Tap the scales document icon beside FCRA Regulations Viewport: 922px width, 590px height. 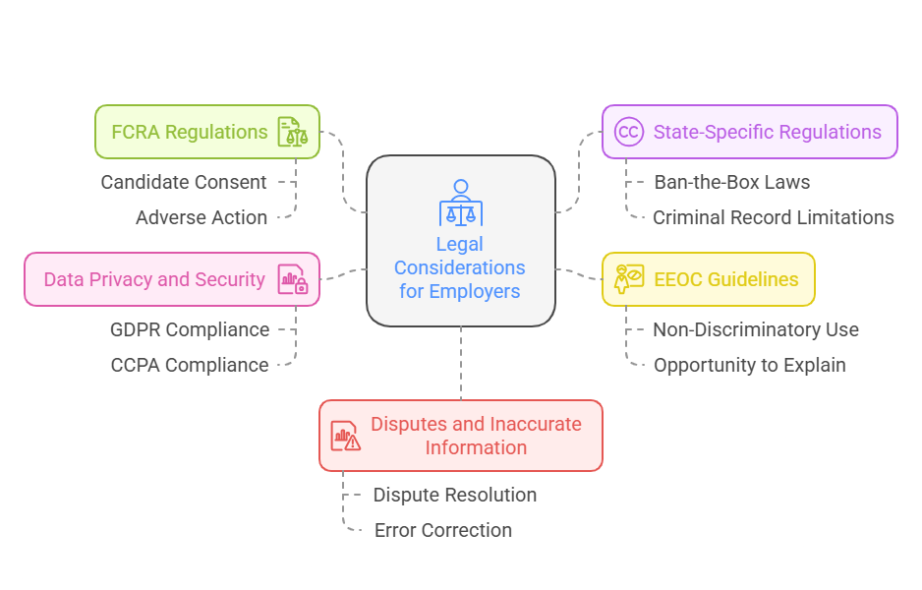tap(292, 132)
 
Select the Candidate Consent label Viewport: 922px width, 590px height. tap(183, 182)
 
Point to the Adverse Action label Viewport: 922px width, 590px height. tap(201, 217)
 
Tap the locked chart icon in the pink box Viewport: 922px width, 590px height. tap(292, 279)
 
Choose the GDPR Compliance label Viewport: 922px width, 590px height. tap(189, 329)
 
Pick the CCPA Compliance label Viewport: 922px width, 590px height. tap(189, 365)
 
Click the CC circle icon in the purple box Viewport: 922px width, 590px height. tap(628, 132)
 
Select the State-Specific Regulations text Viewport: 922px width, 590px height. tap(767, 132)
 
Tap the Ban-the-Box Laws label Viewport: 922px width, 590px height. tap(731, 182)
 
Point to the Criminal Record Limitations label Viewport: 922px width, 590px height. tap(773, 217)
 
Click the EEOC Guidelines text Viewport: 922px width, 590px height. tap(725, 279)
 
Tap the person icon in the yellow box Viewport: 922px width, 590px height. tap(628, 279)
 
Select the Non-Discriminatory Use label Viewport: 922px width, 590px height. tap(755, 329)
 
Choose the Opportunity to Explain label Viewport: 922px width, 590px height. tap(749, 365)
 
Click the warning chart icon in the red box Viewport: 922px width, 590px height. tap(345, 436)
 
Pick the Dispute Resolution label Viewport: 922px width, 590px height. tap(454, 495)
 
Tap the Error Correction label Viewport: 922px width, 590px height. tap(442, 530)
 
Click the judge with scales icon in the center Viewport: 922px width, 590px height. tap(460, 203)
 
